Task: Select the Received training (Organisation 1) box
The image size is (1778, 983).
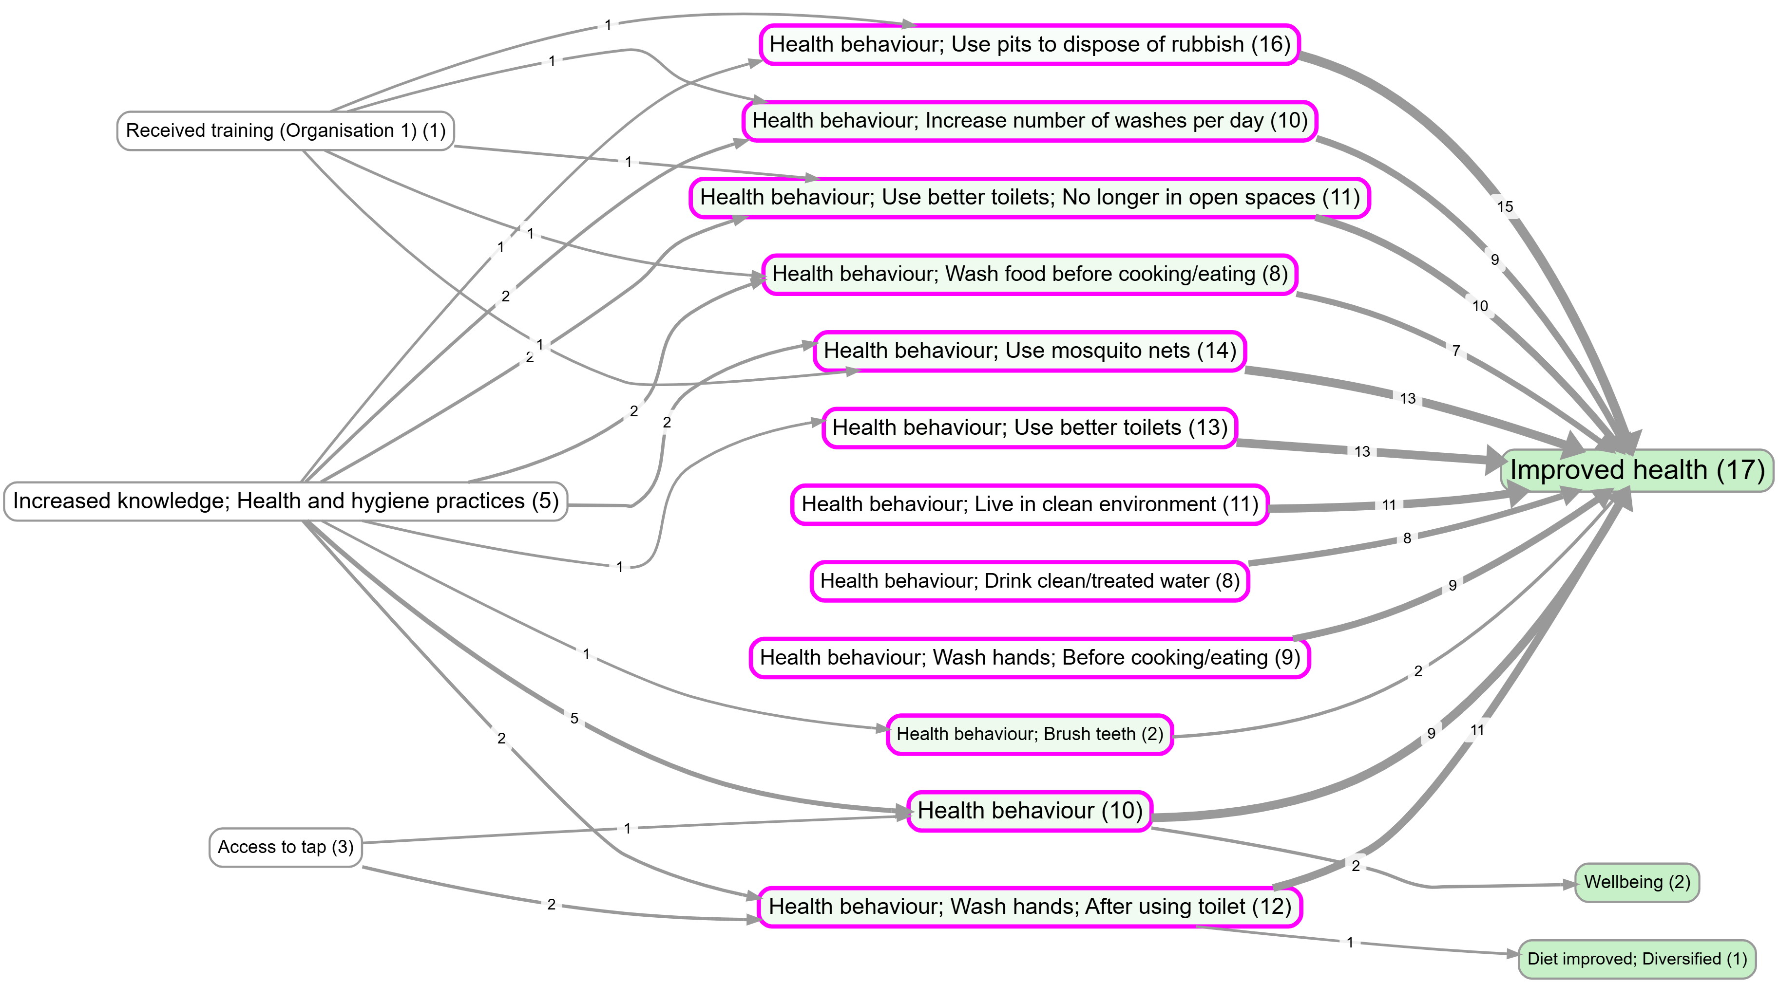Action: click(286, 130)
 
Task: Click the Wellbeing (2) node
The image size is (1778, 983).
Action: click(1637, 882)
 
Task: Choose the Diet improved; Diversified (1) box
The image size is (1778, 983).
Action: click(1637, 958)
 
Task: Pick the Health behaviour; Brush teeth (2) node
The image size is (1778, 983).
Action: click(1030, 734)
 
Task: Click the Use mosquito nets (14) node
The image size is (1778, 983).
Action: click(1030, 351)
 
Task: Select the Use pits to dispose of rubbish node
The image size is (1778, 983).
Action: click(1030, 44)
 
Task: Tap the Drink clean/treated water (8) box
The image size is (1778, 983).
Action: click(1030, 581)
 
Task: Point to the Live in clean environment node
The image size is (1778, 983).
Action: click(1030, 504)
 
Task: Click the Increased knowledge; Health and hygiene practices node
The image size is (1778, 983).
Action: click(286, 501)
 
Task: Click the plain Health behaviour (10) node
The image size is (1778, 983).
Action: click(1030, 811)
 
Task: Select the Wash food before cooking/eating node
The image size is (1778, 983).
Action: click(1030, 274)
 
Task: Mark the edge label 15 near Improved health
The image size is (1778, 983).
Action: click(1505, 206)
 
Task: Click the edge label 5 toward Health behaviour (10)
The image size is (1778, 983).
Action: click(574, 718)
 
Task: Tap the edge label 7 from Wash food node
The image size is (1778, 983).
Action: click(1455, 351)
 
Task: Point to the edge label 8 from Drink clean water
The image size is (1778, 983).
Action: click(1407, 538)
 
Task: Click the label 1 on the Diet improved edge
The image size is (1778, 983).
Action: click(1350, 942)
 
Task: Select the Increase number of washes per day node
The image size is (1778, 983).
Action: click(1030, 121)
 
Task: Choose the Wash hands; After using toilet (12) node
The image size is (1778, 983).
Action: click(1030, 907)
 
